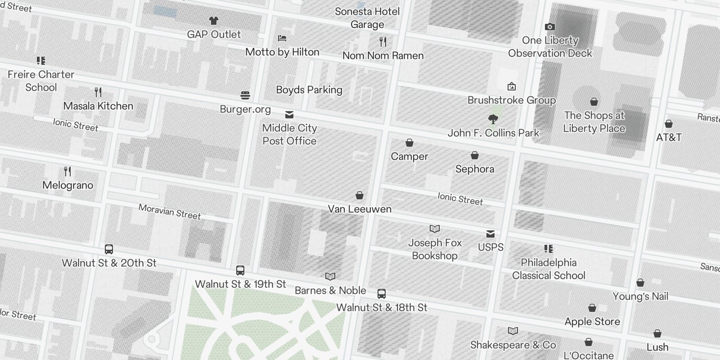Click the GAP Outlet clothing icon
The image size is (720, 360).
(214, 21)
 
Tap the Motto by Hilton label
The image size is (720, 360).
(282, 52)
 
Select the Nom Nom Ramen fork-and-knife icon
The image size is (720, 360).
(383, 42)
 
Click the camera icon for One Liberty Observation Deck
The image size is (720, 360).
(549, 27)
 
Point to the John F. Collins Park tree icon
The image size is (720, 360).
(493, 119)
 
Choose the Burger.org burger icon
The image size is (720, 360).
(245, 95)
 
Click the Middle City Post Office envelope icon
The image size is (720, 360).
(289, 115)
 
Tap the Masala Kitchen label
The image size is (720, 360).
(98, 106)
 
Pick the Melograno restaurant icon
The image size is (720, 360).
(67, 171)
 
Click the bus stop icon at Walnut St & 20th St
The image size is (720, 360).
(109, 249)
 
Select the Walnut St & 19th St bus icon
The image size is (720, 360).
(240, 270)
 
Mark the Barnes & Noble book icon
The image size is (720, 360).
(330, 276)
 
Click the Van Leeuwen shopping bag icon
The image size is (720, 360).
(360, 195)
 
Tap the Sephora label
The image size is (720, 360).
(475, 169)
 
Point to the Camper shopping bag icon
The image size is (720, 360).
(409, 143)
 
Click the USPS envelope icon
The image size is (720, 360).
(490, 234)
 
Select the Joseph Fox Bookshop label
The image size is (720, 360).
(435, 249)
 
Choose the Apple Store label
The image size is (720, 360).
(592, 322)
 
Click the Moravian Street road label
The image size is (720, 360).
(170, 211)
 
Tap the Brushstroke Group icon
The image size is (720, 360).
(512, 86)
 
